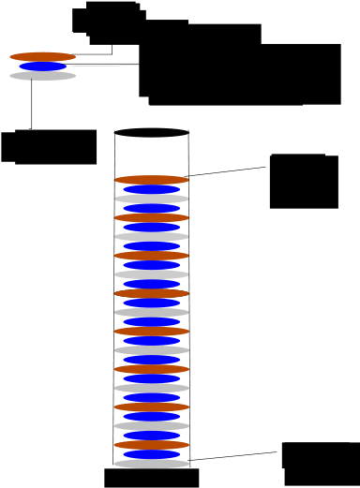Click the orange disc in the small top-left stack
click(x=42, y=56)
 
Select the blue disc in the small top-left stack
click(x=42, y=67)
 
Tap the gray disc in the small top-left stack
click(x=42, y=76)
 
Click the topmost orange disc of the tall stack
click(x=152, y=179)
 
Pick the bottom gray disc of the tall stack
click(x=152, y=464)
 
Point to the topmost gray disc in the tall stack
click(x=152, y=199)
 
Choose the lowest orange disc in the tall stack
click(x=152, y=445)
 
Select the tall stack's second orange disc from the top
click(x=152, y=217)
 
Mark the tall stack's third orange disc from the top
click(x=152, y=255)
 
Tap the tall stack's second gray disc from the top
click(x=152, y=236)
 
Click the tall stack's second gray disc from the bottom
click(x=152, y=426)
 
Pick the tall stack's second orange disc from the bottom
click(x=152, y=407)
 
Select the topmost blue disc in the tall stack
click(x=152, y=189)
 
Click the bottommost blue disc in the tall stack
click(x=152, y=454)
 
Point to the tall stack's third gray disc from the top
click(x=152, y=274)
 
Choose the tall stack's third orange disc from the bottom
click(x=152, y=369)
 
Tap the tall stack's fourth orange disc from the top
click(x=152, y=293)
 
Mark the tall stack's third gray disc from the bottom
click(x=152, y=388)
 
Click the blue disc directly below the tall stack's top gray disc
click(x=152, y=208)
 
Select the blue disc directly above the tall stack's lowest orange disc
click(x=152, y=436)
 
